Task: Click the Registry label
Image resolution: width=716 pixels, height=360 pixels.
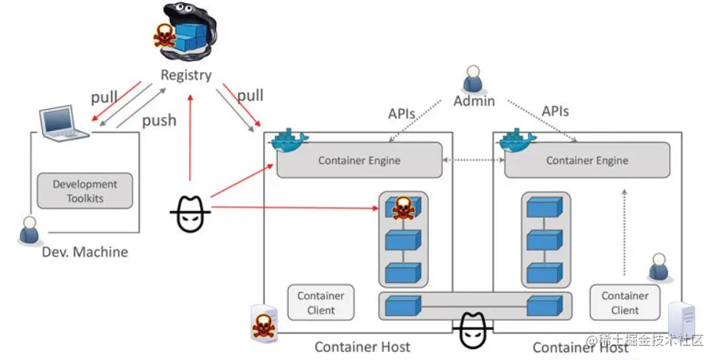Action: point(186,74)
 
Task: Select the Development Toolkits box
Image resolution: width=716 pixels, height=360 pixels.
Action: point(85,191)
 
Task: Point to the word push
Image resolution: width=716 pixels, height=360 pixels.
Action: point(159,120)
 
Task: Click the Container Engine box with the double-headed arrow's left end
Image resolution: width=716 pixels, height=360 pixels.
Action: point(359,160)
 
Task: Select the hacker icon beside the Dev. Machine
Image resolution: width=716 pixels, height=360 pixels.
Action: point(191,213)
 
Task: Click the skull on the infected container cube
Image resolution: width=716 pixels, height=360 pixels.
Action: point(402,208)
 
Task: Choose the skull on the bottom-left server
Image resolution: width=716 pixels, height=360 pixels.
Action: point(262,324)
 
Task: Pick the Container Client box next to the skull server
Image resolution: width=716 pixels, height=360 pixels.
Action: point(320,303)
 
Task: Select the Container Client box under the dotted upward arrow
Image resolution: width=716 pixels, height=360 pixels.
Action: point(625,303)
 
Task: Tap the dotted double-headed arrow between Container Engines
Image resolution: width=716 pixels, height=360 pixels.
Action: point(472,160)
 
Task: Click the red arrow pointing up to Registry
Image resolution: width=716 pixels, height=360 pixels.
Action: point(190,133)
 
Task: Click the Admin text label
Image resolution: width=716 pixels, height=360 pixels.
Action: point(474,101)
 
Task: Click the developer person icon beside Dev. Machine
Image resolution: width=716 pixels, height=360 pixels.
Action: point(29,230)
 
